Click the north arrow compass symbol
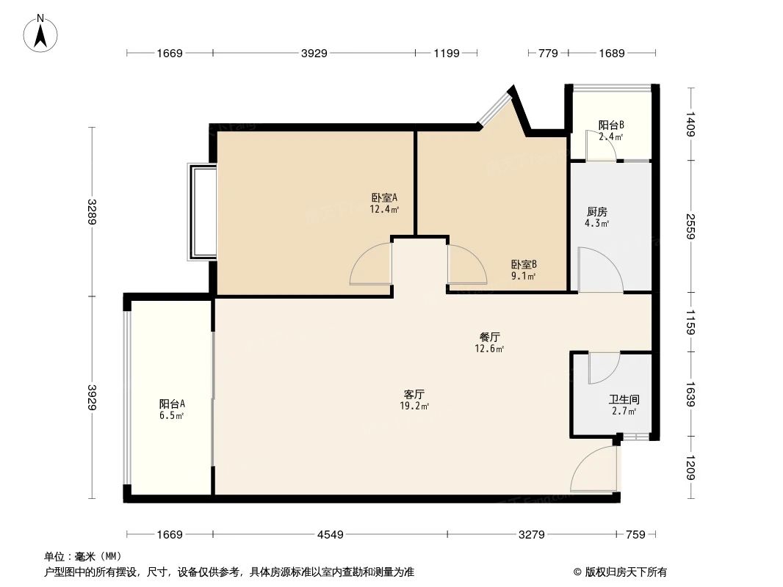pyautogui.click(x=41, y=33)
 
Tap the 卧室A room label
pyautogui.click(x=384, y=197)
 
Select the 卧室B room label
pyautogui.click(x=524, y=265)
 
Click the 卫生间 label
pyautogui.click(x=624, y=400)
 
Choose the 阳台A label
pyautogui.click(x=171, y=404)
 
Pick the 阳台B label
pyautogui.click(x=610, y=125)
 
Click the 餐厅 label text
pyautogui.click(x=490, y=338)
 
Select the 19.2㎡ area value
pyautogui.click(x=415, y=405)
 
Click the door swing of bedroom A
pyautogui.click(x=372, y=264)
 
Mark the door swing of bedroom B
pyautogui.click(x=466, y=264)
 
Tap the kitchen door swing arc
pyautogui.click(x=599, y=270)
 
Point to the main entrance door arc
pyautogui.click(x=593, y=470)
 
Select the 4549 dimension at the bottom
pyautogui.click(x=331, y=535)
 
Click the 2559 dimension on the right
pyautogui.click(x=690, y=226)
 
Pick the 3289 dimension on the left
pyautogui.click(x=92, y=212)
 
